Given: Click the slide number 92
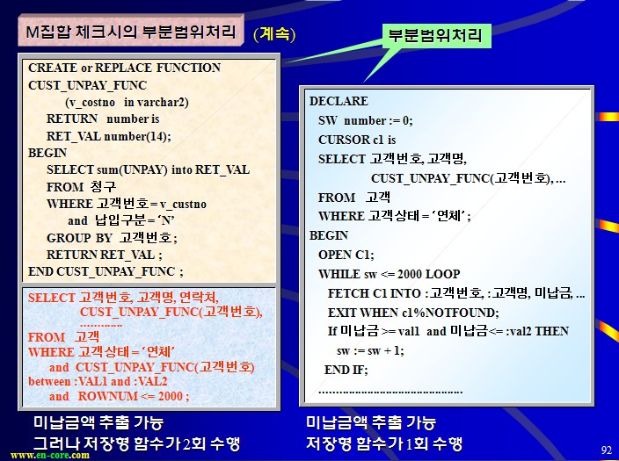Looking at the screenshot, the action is [x=606, y=450].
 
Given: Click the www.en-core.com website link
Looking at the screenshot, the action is [x=50, y=456].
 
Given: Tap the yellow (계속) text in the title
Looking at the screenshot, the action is [x=274, y=34].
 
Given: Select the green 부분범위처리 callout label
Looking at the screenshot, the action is [x=436, y=36].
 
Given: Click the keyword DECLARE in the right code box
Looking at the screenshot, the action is [x=339, y=101].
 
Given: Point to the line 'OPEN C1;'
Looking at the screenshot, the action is [x=346, y=255].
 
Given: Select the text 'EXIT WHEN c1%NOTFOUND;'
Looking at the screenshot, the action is [x=413, y=313].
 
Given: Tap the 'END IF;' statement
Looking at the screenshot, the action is [x=346, y=370].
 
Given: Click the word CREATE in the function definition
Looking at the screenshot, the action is [x=53, y=68].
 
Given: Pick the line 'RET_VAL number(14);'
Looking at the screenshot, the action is [x=108, y=136].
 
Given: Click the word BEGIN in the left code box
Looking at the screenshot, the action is [x=47, y=153].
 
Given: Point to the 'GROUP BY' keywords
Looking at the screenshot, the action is [x=79, y=238].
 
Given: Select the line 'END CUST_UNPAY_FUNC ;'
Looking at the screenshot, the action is [x=106, y=271].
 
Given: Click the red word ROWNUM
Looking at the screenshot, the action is [x=107, y=396].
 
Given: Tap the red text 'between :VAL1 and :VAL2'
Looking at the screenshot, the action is [x=98, y=381].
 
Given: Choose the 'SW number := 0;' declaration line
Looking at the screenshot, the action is [x=365, y=120].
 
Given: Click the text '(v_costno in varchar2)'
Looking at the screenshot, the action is [x=127, y=103].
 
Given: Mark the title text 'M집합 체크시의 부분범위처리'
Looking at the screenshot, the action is [x=131, y=32].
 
